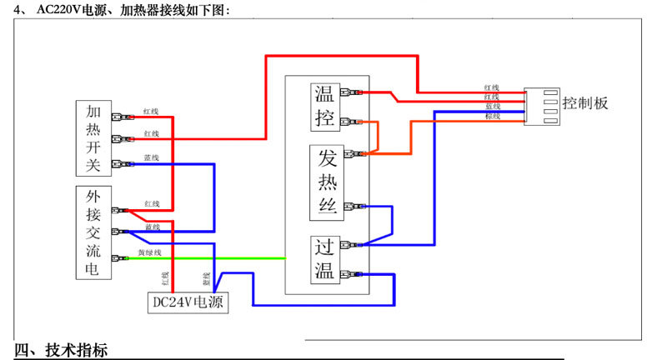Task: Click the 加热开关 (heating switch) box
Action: click(93, 138)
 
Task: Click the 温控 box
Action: click(324, 106)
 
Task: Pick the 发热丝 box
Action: click(326, 182)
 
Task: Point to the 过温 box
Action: click(324, 258)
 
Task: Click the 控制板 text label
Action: click(585, 103)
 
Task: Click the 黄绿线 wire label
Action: click(150, 252)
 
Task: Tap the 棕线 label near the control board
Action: click(492, 117)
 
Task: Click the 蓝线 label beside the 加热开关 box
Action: click(151, 157)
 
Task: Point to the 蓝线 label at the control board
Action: click(492, 107)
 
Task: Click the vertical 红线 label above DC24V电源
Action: click(164, 277)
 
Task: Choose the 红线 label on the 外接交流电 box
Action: click(151, 203)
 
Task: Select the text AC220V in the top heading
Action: click(59, 10)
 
